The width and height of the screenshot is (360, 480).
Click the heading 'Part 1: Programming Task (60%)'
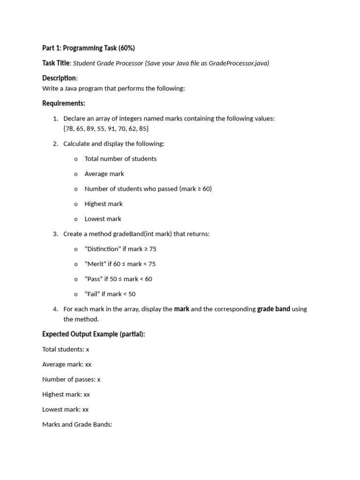coord(89,48)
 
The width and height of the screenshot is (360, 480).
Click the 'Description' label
coord(59,78)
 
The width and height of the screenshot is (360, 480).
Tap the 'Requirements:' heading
coord(64,103)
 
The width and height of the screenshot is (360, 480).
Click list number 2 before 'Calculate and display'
coord(55,143)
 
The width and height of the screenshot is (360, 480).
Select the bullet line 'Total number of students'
coord(120,158)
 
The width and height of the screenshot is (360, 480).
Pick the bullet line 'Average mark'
coord(104,173)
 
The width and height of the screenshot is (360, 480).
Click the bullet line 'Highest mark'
coord(104,203)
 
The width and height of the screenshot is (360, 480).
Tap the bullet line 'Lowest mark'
coord(103,218)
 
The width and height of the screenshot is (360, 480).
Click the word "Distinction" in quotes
coord(103,248)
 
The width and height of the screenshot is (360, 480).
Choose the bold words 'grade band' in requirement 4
coord(274,309)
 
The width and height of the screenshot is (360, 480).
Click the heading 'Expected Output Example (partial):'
coord(94,334)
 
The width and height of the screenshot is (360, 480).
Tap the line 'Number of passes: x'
coord(71,379)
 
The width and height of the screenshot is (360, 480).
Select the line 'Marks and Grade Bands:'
coord(77,424)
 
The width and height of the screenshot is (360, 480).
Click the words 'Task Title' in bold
coord(56,63)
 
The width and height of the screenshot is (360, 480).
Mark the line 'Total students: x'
coord(66,349)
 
